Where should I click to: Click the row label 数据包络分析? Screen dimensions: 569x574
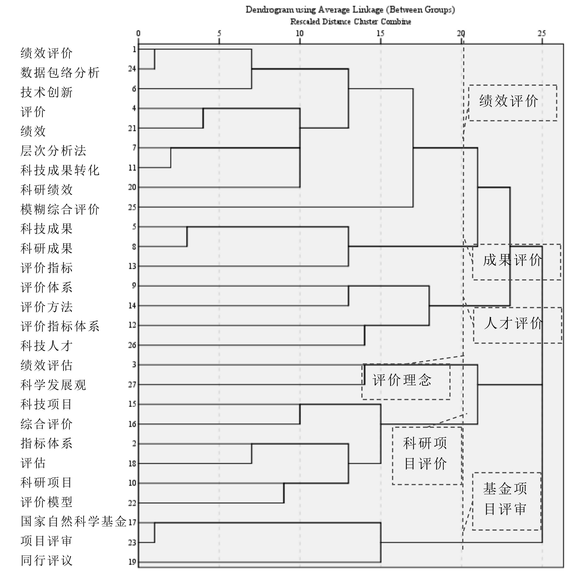(60, 73)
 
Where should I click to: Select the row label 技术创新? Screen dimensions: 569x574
(47, 92)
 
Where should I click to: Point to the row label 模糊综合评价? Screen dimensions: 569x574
(60, 209)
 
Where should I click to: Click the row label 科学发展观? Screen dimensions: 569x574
(53, 385)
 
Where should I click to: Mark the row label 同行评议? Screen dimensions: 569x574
(47, 561)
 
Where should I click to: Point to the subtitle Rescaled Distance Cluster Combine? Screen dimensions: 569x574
(351, 22)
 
